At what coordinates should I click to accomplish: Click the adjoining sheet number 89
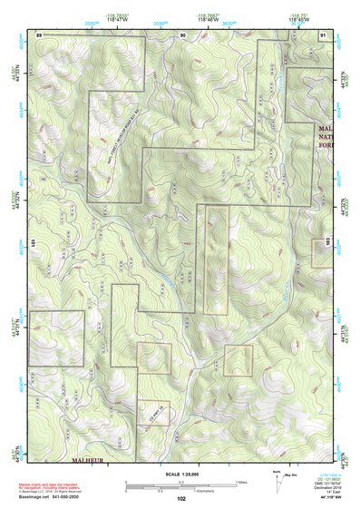coord(39,34)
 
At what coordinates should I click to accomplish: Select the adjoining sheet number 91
coord(324,34)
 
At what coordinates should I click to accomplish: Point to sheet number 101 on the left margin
coord(33,243)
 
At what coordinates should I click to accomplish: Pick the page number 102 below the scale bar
coord(181,498)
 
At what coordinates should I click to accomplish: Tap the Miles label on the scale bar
coord(240,481)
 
